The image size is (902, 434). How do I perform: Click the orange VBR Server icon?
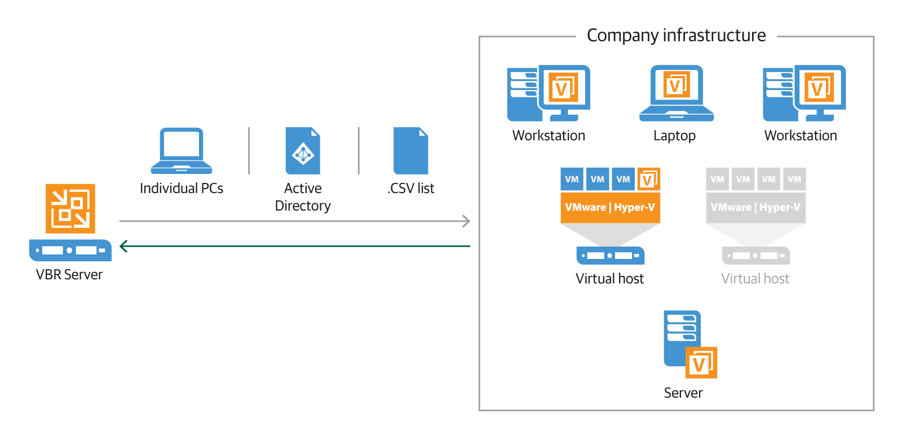(70, 208)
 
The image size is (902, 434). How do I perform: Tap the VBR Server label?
(69, 275)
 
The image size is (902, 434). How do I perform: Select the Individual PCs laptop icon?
(182, 150)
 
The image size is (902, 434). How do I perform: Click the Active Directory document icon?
(303, 151)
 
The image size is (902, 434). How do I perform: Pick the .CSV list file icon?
(410, 151)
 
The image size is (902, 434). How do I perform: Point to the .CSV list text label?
(411, 189)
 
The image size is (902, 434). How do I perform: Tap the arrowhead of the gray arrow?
(466, 221)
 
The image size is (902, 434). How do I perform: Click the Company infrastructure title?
(676, 35)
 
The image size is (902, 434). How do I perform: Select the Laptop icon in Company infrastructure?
(676, 93)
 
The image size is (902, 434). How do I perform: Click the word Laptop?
(674, 136)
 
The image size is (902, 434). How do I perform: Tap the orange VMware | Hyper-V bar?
(610, 207)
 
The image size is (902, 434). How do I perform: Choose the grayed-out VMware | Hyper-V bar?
(755, 207)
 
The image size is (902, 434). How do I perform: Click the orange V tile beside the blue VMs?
(648, 179)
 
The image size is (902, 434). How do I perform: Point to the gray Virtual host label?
(755, 279)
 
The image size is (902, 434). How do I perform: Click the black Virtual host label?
(609, 279)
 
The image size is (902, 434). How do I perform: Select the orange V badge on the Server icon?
(701, 363)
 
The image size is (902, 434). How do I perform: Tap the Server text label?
(683, 393)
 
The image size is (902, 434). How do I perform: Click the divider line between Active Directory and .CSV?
(359, 150)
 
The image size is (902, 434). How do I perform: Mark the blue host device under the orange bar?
(610, 256)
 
